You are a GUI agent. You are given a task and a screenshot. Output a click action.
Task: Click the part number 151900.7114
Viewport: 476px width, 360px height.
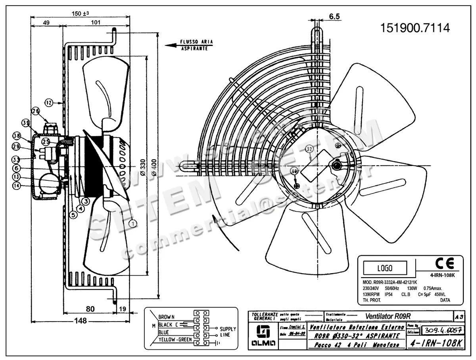click(x=415, y=28)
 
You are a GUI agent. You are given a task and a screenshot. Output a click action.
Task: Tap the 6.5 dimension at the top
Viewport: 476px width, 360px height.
click(x=334, y=16)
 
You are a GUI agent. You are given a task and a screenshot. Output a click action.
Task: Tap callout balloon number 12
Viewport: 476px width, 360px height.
click(x=48, y=103)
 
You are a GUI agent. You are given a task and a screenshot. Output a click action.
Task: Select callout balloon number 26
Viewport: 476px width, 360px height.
click(x=36, y=111)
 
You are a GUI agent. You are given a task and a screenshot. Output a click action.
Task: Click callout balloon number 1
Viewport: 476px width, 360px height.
click(x=132, y=224)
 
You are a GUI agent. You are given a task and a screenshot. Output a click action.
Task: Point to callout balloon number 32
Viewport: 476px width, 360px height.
click(x=310, y=149)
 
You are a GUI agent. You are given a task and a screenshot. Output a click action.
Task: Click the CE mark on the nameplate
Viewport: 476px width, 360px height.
click(x=444, y=264)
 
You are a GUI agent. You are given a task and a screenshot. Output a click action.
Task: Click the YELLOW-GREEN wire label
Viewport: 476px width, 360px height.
click(x=175, y=340)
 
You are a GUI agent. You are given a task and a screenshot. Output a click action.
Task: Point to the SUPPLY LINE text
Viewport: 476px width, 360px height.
click(x=228, y=332)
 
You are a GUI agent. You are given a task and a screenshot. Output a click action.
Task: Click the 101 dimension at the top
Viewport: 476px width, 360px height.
click(x=95, y=23)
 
